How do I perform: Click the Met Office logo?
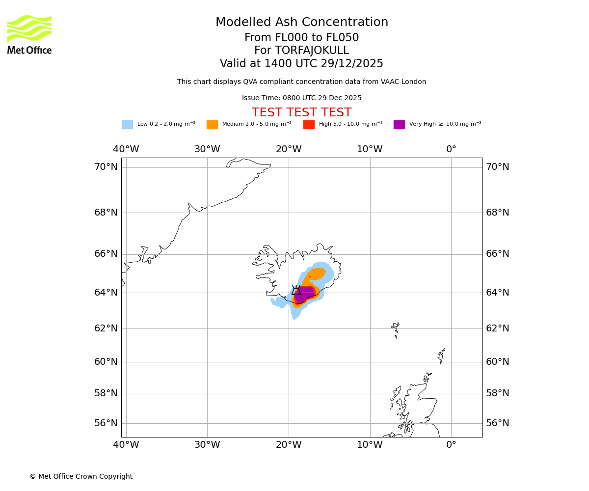[29, 34]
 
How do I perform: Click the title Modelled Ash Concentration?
[301, 23]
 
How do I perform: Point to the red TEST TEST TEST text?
[301, 113]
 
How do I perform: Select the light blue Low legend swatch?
[127, 125]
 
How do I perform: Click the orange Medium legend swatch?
[212, 125]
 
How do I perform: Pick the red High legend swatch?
[309, 125]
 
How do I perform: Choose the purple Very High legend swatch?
[399, 125]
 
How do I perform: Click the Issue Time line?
[301, 98]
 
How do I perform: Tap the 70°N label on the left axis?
[106, 167]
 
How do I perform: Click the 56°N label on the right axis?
[498, 423]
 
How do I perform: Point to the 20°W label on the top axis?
[289, 149]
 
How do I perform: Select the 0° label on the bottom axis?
[451, 445]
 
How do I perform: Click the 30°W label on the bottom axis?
[207, 445]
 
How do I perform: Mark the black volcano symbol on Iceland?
[296, 291]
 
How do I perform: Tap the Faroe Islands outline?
[396, 329]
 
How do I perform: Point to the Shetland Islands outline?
[442, 355]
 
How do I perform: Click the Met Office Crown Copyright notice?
[81, 477]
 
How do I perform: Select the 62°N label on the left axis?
[106, 328]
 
